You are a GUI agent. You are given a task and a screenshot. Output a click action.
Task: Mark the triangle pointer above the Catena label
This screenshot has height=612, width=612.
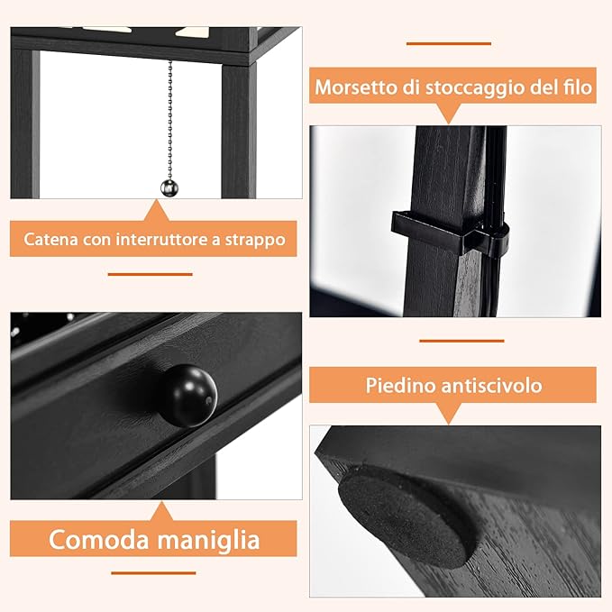[156, 212]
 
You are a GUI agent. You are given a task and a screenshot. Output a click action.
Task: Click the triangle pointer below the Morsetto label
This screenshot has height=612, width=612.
[449, 113]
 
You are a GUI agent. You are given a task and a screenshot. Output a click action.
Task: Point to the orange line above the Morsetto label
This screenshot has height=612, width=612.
[448, 42]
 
